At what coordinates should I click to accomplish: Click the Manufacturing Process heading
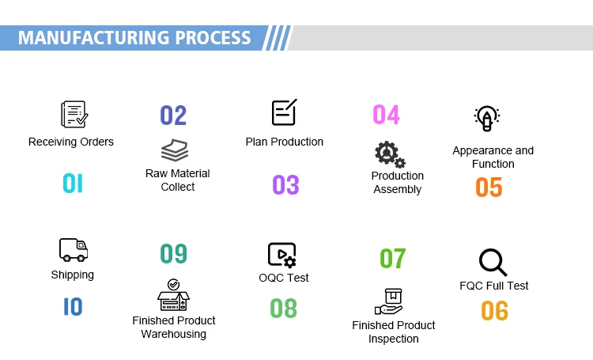134,37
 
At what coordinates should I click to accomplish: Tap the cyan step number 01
73,184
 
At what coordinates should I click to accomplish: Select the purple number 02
173,116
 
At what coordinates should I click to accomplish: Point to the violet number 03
285,185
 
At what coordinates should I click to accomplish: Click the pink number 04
386,115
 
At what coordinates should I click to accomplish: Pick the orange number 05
489,188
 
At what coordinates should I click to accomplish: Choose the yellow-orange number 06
494,311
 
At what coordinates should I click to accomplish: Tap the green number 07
392,259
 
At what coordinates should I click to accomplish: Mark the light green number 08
284,308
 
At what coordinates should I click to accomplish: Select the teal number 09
173,254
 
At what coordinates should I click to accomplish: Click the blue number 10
73,306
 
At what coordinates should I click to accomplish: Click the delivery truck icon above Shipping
73,250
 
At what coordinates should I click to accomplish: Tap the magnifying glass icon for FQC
493,262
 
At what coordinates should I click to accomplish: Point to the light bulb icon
486,119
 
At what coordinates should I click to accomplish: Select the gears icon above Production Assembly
390,154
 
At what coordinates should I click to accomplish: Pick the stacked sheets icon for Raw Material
175,150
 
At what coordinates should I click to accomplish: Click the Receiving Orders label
71,142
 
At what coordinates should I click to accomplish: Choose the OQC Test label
284,278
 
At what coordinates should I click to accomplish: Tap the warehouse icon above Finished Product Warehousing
174,296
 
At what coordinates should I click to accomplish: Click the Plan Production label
285,142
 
